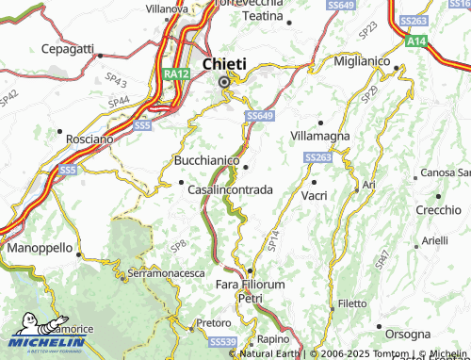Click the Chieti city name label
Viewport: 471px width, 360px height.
[224, 63]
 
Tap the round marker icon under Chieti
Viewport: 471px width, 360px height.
[224, 82]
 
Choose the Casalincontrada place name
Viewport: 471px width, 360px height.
[231, 189]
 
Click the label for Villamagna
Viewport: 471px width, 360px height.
[320, 136]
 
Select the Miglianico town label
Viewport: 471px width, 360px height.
[368, 60]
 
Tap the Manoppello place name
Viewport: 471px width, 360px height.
[40, 247]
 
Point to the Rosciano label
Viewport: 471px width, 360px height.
[89, 139]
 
